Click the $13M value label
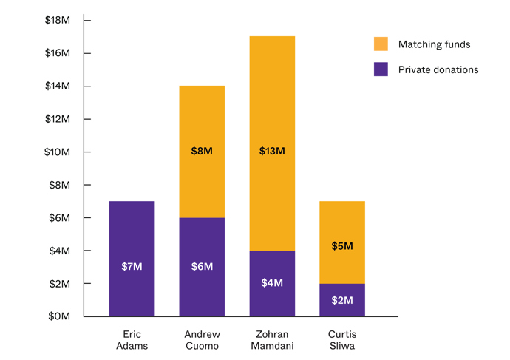[x=272, y=152]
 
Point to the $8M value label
[x=202, y=152]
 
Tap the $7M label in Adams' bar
[x=132, y=266]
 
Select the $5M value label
[x=342, y=246]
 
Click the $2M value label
[x=342, y=300]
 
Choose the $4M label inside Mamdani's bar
[x=272, y=282]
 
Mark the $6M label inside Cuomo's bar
[x=202, y=266]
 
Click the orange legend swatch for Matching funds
[x=381, y=44]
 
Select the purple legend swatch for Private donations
[x=381, y=69]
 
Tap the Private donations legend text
[x=438, y=69]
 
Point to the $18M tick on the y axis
[x=58, y=20]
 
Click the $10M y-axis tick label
[x=58, y=152]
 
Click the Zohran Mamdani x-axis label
[x=272, y=340]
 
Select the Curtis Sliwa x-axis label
[x=342, y=340]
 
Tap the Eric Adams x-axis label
[x=132, y=340]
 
